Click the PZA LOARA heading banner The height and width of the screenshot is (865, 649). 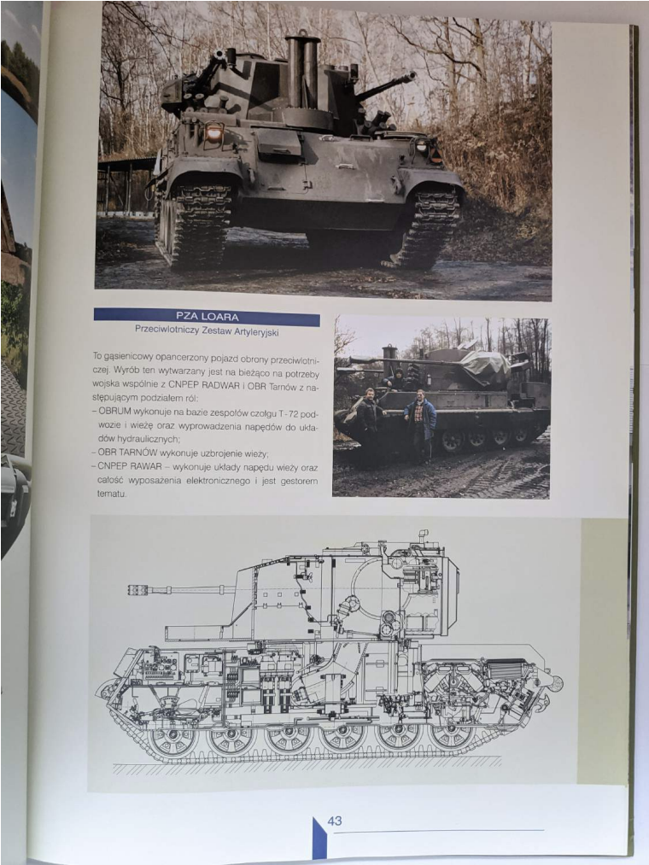(x=207, y=317)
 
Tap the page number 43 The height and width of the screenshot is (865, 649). (x=335, y=821)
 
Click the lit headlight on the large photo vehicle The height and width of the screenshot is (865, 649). (x=213, y=132)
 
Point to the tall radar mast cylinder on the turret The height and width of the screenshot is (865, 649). (x=302, y=72)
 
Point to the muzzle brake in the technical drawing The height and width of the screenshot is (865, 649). (x=138, y=590)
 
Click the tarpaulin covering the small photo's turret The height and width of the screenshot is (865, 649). (x=486, y=367)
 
